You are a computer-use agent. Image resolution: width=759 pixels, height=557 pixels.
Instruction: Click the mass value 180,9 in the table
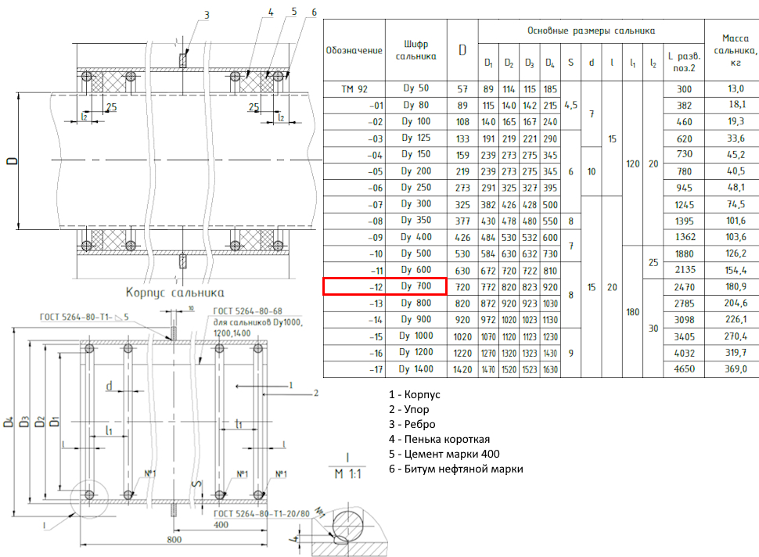coord(736,286)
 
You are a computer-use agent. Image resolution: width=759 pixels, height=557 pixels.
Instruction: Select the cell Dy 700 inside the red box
coord(415,286)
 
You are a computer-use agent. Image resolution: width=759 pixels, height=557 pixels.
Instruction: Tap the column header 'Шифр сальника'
coord(415,50)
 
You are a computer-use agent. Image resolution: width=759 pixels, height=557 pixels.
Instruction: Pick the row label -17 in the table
coord(376,370)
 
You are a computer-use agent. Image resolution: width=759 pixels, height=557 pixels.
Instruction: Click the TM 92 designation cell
coord(354,89)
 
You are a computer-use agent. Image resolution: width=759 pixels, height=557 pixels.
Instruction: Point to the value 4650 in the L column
coord(685,368)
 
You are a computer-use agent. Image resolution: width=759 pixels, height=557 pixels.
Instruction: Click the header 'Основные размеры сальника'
coord(591,31)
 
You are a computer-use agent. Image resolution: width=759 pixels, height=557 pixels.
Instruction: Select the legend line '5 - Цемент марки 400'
coord(444,454)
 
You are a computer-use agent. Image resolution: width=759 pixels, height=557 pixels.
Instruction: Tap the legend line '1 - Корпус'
coord(415,394)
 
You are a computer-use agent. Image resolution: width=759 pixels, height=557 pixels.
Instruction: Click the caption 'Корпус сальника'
coord(174,293)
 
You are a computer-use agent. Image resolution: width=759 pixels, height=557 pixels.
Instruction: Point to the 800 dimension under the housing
coord(174,539)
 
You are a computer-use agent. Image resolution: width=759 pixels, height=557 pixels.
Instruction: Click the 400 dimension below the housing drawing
coord(221,525)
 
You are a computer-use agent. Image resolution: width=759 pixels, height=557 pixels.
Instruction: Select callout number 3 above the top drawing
coord(207,15)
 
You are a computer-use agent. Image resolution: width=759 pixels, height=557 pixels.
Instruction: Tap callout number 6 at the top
coord(314,12)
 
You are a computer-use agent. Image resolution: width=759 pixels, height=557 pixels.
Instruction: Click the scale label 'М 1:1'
coord(348,474)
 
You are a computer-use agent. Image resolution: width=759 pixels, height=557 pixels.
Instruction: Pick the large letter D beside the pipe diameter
coord(12,160)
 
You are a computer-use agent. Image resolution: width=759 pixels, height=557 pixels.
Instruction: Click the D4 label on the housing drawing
coord(9,422)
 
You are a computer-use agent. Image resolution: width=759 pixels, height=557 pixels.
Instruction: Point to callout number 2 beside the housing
coord(316,393)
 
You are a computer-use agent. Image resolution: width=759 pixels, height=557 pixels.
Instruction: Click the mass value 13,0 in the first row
coord(736,88)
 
